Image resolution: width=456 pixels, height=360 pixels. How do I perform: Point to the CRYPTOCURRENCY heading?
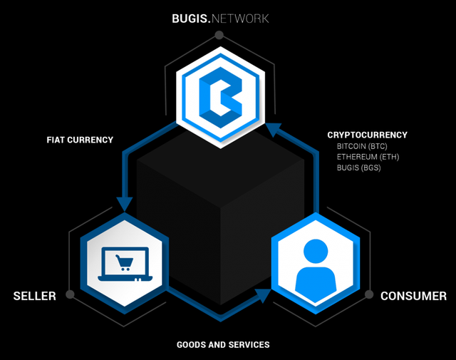367,134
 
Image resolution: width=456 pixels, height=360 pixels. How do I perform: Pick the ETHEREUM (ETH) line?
368,157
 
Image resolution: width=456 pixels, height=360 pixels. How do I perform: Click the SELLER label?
34,295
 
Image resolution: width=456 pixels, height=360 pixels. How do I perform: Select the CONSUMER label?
413,295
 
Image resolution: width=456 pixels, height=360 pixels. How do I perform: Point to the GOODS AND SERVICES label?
223,344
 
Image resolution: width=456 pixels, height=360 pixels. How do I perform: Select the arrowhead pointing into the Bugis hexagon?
274,130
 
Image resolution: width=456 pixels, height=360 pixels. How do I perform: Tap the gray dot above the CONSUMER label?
369,294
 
